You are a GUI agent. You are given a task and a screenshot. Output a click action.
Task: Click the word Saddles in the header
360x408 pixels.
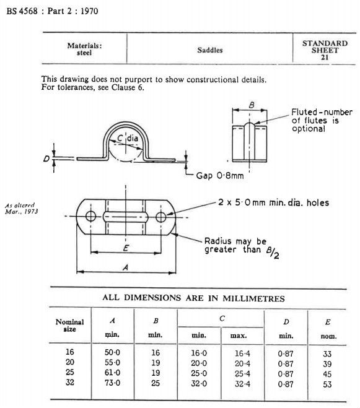pyautogui.click(x=210, y=50)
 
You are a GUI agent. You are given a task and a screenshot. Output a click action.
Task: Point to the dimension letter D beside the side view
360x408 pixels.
pyautogui.click(x=46, y=159)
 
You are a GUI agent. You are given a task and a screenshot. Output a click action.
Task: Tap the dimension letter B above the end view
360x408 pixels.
pyautogui.click(x=251, y=105)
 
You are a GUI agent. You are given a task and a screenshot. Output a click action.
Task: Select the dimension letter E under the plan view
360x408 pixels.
pyautogui.click(x=127, y=247)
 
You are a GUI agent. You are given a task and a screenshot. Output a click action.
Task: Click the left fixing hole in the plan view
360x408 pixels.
pyautogui.click(x=91, y=216)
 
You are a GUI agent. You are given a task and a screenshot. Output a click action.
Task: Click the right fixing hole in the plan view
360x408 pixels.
pyautogui.click(x=162, y=216)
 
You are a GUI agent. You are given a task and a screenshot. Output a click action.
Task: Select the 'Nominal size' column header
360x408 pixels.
pyautogui.click(x=69, y=325)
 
